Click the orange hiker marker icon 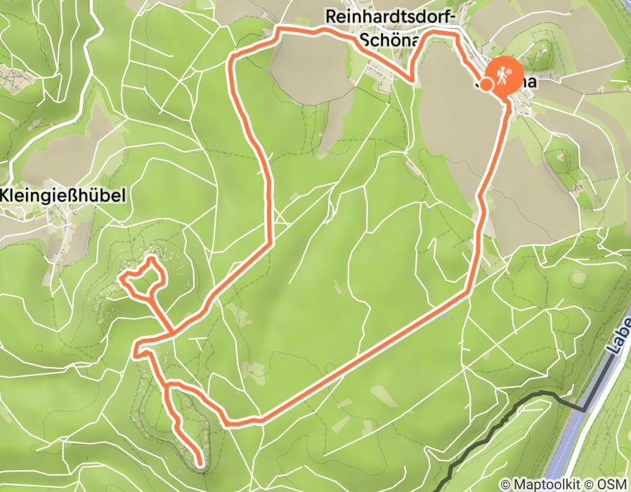(503, 75)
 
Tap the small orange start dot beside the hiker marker (486, 84)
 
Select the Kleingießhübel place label (63, 195)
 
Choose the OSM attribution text (611, 484)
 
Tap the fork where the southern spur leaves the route (167, 386)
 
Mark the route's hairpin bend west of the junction (136, 349)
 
